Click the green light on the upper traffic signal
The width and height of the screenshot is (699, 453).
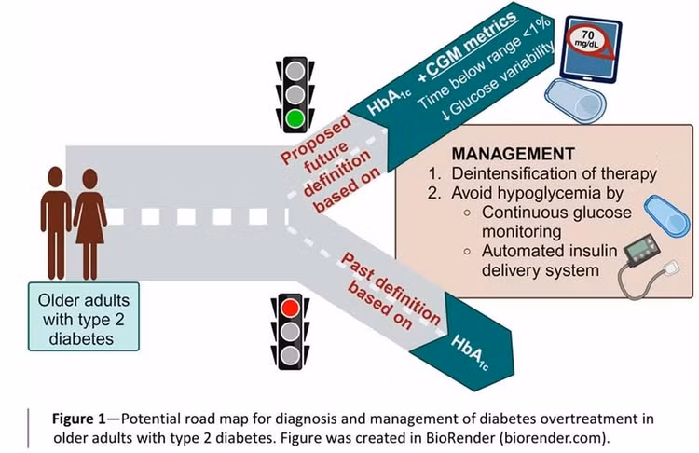[x=295, y=118]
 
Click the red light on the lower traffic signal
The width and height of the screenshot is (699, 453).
[x=290, y=308]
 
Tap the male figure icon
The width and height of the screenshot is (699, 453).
[x=56, y=223]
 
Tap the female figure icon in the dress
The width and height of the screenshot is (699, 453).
[x=90, y=224]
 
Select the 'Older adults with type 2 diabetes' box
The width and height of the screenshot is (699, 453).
[x=84, y=317]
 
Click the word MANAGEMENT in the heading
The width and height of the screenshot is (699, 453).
[x=514, y=154]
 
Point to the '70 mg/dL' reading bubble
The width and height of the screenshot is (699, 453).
[x=588, y=39]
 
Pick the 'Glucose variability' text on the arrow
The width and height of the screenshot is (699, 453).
[x=497, y=83]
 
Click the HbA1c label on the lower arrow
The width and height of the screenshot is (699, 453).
[x=470, y=352]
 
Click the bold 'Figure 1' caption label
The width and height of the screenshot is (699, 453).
[x=79, y=419]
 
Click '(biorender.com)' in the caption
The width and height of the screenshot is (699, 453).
[x=554, y=438]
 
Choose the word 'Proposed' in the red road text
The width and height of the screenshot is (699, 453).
[x=316, y=140]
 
